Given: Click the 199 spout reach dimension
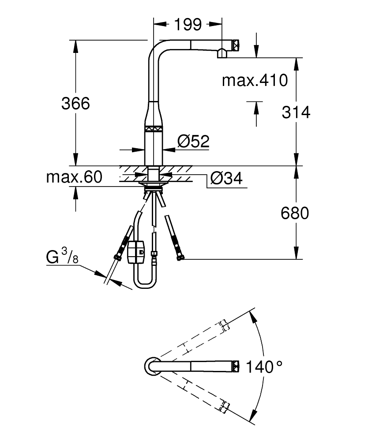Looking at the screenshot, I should point(187,25).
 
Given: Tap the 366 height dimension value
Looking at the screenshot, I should point(75,104).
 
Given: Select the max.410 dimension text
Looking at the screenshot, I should point(255,80).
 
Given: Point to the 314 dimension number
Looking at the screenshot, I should point(296,112).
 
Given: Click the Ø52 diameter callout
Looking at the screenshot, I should point(193,142).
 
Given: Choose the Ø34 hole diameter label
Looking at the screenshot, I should point(226,178).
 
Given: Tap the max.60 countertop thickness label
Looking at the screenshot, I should point(74,177).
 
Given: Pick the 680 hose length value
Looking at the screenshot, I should point(294,213).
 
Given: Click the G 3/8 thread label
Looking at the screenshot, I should point(62,257).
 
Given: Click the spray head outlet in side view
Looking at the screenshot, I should point(222,54).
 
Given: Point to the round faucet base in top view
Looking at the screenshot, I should point(151,366).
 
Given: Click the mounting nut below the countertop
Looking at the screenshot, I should point(153,182).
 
